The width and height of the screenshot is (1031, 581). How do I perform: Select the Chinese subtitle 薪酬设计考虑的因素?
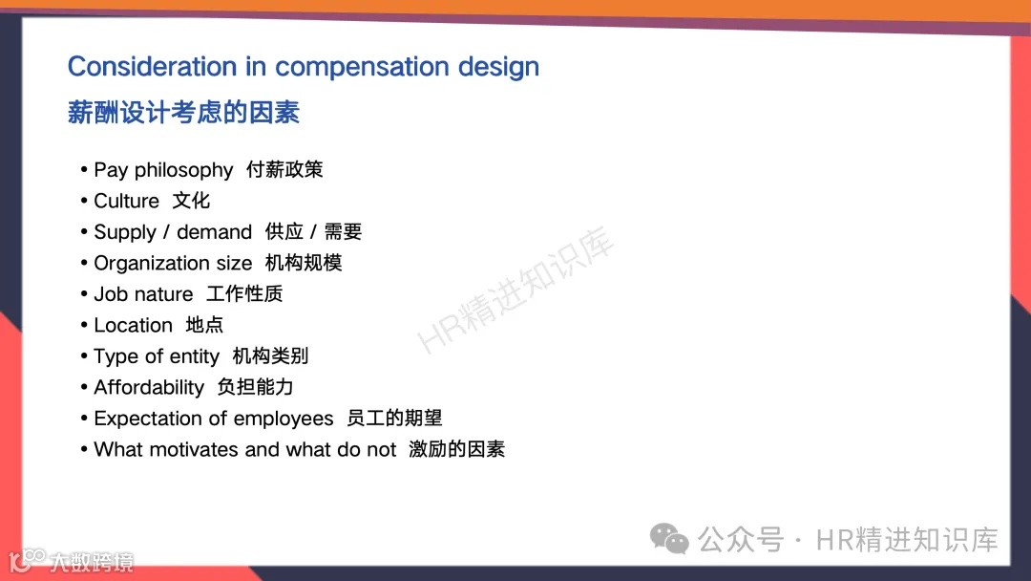pos(183,113)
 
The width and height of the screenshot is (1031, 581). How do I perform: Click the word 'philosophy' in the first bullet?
pos(183,170)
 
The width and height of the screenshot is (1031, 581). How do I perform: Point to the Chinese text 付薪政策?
pos(284,169)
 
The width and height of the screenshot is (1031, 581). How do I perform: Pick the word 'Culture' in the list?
pos(126,201)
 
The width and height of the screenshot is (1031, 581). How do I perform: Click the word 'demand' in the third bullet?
pos(214,232)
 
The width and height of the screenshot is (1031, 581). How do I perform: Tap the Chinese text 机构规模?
pos(304,263)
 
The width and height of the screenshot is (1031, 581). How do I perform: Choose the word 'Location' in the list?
pos(133,325)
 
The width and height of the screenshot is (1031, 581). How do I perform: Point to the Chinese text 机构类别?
pos(270,356)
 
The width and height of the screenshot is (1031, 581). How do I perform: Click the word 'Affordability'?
pos(149,387)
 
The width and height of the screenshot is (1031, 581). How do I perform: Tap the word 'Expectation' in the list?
pos(148,419)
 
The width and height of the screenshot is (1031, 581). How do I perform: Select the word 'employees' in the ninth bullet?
pos(284,419)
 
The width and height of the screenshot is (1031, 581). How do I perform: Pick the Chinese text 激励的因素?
pos(456,449)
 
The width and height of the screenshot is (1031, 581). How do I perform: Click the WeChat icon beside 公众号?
pos(669,539)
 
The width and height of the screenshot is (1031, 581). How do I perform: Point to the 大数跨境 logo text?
pos(92,562)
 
